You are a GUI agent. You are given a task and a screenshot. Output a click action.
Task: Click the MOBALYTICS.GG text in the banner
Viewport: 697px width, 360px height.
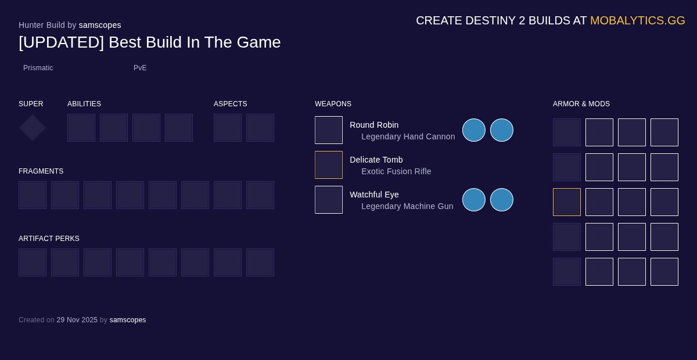637,20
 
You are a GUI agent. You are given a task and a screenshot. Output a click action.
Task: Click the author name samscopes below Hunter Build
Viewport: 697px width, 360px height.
100,25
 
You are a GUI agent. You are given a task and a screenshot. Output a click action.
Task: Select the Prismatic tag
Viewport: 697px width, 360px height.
38,68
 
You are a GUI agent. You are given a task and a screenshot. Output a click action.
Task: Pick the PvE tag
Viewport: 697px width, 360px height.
140,68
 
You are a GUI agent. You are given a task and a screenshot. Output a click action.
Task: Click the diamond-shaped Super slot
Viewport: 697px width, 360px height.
33,128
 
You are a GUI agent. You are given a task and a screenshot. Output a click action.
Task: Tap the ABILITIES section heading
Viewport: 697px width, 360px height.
84,104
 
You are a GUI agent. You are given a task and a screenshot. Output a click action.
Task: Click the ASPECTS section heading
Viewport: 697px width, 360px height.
231,104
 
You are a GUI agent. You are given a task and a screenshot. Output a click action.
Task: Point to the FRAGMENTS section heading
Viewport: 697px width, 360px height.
41,171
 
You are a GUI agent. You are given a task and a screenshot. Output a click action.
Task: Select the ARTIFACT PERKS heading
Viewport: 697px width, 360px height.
49,239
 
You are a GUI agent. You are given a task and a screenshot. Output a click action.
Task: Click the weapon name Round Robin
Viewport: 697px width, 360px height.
374,125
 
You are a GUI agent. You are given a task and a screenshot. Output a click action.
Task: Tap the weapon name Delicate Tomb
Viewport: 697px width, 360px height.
376,160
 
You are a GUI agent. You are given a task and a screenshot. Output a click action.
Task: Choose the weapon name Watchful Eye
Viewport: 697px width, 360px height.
374,195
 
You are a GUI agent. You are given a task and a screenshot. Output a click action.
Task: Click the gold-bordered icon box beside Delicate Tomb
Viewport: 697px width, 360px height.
329,165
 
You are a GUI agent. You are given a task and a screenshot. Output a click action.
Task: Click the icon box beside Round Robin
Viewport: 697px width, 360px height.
329,130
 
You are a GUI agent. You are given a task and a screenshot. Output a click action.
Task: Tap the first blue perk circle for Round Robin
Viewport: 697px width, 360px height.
474,130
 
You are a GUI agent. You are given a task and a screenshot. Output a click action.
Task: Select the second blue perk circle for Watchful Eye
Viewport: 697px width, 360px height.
502,200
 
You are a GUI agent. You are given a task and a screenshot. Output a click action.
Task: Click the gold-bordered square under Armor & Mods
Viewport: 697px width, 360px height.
567,202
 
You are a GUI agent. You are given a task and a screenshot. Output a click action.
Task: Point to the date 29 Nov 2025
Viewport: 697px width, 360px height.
77,320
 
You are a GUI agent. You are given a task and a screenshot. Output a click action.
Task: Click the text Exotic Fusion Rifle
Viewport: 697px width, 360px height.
396,171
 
